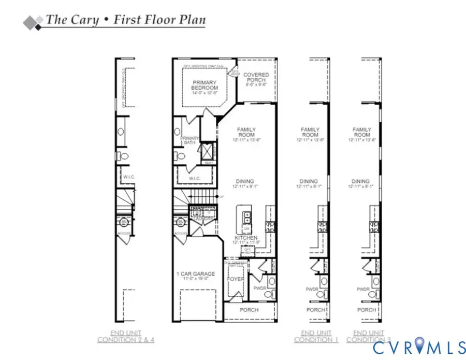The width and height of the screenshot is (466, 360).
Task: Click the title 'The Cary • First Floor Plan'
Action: click(x=125, y=20)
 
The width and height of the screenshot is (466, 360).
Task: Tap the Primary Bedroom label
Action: click(x=205, y=85)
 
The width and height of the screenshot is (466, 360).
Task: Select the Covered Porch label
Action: click(x=256, y=78)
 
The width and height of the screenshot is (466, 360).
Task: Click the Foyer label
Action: click(x=236, y=280)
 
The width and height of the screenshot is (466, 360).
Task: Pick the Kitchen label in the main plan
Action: click(x=246, y=238)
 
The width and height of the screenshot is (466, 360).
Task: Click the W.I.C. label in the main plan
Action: click(x=194, y=178)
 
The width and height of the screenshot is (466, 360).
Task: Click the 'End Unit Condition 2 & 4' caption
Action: click(x=126, y=336)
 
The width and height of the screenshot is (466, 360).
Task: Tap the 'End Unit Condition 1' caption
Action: click(x=316, y=336)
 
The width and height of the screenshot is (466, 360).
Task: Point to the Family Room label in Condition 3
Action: click(x=362, y=132)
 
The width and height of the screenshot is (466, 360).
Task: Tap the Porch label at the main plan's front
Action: click(x=249, y=310)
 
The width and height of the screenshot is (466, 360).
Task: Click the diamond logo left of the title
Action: click(x=33, y=22)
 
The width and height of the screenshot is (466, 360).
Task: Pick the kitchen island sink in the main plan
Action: click(x=247, y=217)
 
